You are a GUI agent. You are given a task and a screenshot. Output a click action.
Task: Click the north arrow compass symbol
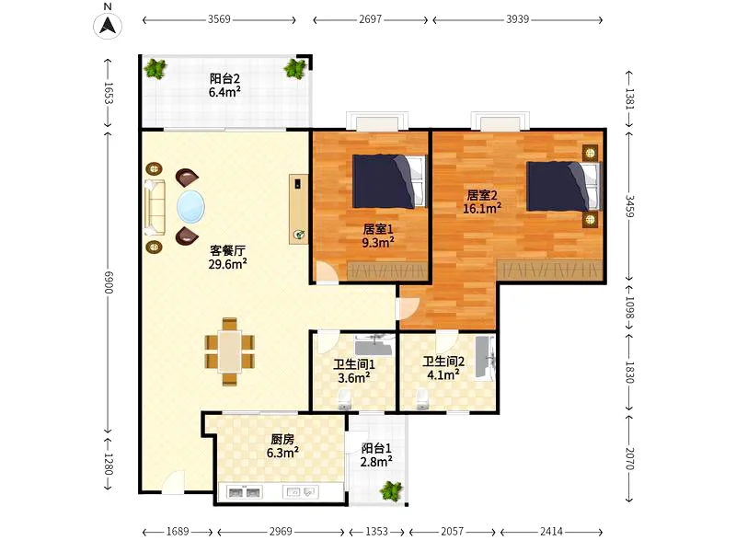click(x=108, y=25)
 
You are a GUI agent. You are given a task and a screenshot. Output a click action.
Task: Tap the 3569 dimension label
click(x=219, y=19)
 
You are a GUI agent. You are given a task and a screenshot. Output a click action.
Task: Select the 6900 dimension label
click(x=109, y=282)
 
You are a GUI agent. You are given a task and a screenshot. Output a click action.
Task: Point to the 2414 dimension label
click(x=551, y=532)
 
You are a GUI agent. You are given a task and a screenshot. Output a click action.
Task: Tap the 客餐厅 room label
click(x=227, y=250)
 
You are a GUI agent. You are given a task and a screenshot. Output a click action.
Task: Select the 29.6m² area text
click(x=227, y=264)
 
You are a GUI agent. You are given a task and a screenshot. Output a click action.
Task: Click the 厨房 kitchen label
click(x=282, y=440)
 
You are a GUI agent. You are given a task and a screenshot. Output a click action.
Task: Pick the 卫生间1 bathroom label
click(x=354, y=364)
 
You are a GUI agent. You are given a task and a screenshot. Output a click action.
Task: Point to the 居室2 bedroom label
click(x=481, y=195)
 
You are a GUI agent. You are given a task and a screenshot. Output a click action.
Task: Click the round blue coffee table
click(x=190, y=207)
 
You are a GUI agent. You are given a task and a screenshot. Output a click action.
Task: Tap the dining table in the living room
click(x=230, y=351)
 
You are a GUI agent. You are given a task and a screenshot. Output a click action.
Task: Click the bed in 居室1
click(x=389, y=181)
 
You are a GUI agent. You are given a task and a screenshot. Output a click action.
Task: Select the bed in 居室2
click(x=563, y=187)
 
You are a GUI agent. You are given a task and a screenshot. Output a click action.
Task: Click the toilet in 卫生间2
click(x=422, y=400)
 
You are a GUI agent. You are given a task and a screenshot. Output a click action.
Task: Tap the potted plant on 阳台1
click(x=391, y=490)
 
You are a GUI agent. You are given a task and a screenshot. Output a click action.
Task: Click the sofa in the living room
click(x=155, y=207)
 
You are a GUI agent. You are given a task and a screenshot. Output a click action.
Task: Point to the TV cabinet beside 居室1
click(x=298, y=210)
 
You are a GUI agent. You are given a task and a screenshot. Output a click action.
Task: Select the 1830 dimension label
click(x=629, y=373)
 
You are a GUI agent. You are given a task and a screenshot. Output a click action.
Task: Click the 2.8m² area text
click(x=376, y=462)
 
